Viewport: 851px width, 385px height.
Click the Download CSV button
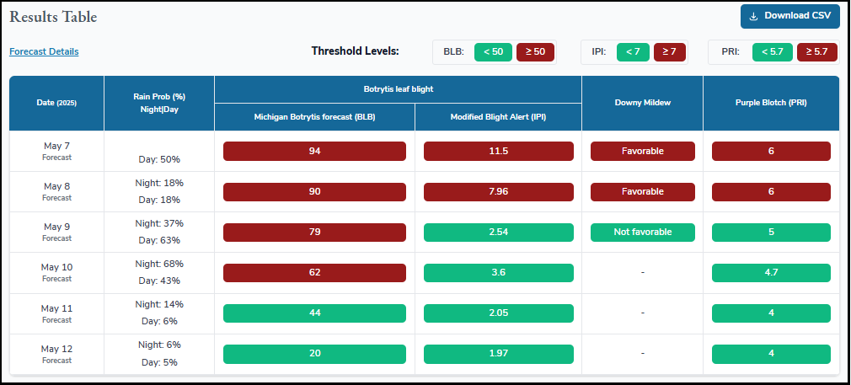[x=789, y=16]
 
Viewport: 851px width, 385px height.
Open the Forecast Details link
[x=44, y=51]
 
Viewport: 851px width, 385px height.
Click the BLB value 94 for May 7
[x=314, y=151]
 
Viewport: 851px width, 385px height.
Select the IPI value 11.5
[x=498, y=151]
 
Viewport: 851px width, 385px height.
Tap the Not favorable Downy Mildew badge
[x=642, y=232]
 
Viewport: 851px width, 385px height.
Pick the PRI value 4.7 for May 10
[x=771, y=272]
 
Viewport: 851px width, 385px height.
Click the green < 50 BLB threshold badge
[x=493, y=51]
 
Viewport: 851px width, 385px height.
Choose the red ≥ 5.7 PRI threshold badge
[x=816, y=51]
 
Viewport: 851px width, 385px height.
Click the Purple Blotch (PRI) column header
[x=771, y=103]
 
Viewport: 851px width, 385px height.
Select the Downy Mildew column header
[x=642, y=103]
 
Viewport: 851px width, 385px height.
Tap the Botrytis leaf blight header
[x=398, y=88]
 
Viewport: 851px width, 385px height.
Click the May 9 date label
[x=57, y=227]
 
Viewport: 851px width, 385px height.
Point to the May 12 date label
[x=57, y=348]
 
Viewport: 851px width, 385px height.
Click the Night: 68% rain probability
[x=159, y=264]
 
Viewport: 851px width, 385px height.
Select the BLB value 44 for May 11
[x=314, y=313]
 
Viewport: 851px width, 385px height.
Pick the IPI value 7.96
[x=498, y=191]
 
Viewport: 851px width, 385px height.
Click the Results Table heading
[x=53, y=17]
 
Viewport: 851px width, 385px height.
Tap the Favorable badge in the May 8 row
[x=642, y=191]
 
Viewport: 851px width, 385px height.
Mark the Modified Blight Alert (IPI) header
[x=498, y=117]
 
